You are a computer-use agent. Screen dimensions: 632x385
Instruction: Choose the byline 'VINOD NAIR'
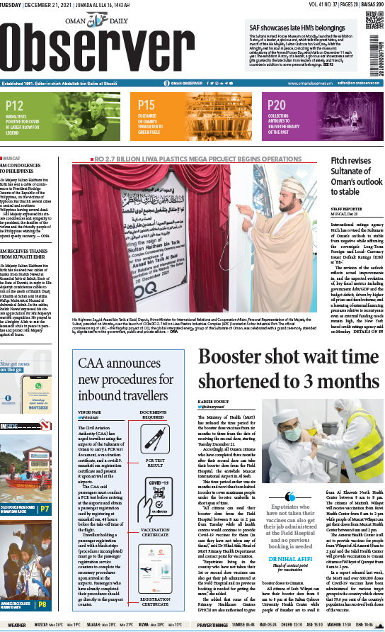click(x=91, y=411)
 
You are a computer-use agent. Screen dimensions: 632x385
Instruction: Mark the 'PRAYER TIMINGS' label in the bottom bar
click(x=212, y=626)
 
